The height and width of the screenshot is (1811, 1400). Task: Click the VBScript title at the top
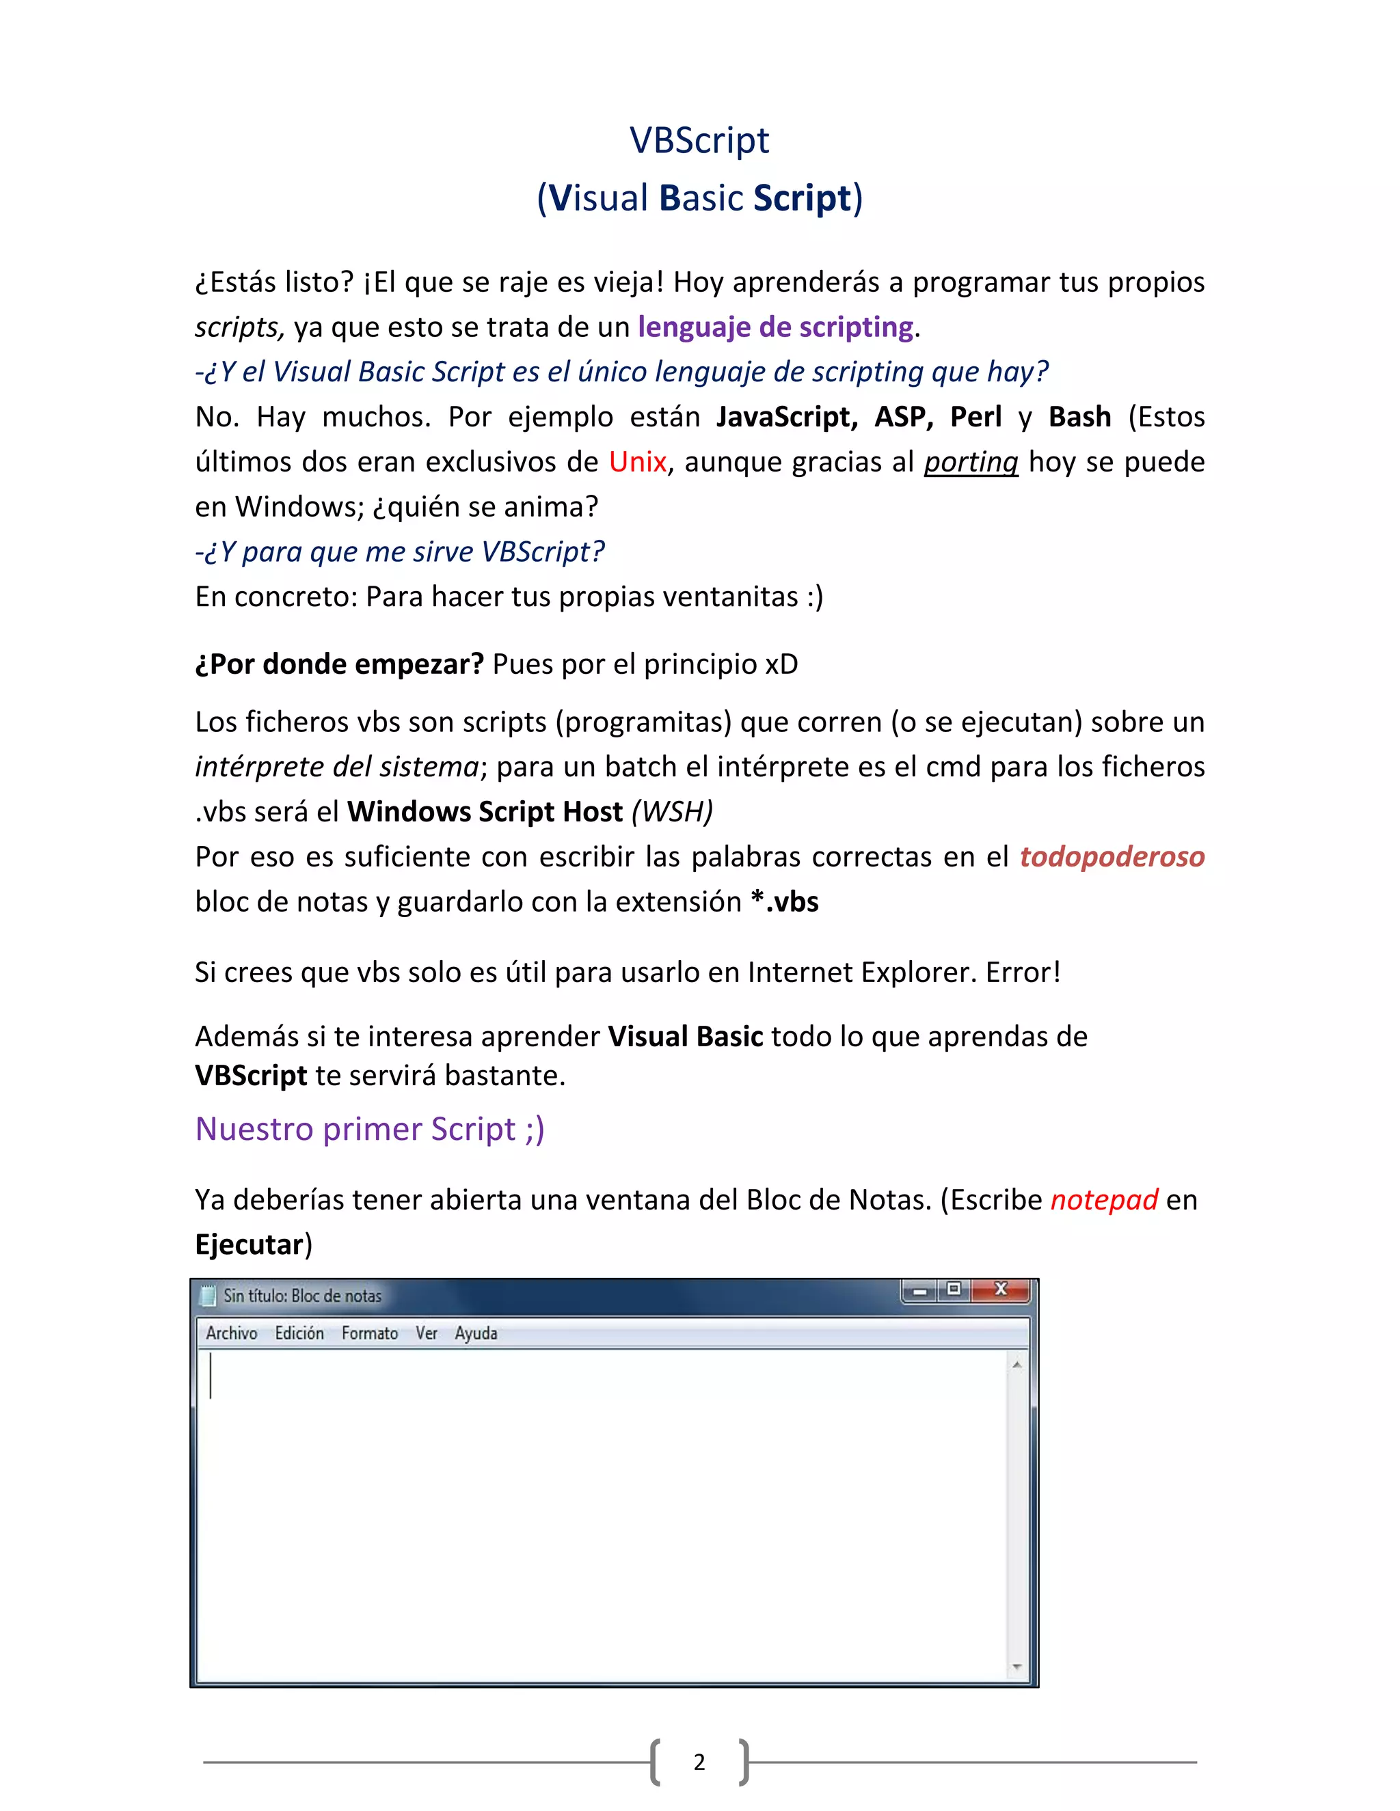click(x=699, y=140)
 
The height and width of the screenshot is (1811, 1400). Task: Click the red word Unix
click(x=637, y=462)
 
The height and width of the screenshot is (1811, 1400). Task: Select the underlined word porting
click(x=971, y=462)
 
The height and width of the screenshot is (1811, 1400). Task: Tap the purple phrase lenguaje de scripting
click(x=775, y=327)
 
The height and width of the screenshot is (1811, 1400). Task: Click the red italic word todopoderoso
click(x=1112, y=856)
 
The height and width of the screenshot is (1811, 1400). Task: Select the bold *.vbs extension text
click(x=785, y=901)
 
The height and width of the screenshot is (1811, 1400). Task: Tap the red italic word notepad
click(x=1104, y=1199)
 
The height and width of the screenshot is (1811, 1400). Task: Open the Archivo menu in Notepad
click(x=232, y=1333)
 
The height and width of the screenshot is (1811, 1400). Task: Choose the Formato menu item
click(x=370, y=1333)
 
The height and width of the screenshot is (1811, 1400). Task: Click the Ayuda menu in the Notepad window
click(x=476, y=1333)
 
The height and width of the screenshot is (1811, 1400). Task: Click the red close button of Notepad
click(x=1001, y=1290)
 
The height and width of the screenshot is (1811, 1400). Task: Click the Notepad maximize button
click(x=954, y=1290)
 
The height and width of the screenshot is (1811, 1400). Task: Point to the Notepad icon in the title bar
click(x=209, y=1295)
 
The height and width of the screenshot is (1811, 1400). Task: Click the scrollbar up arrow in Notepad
click(x=1017, y=1364)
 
